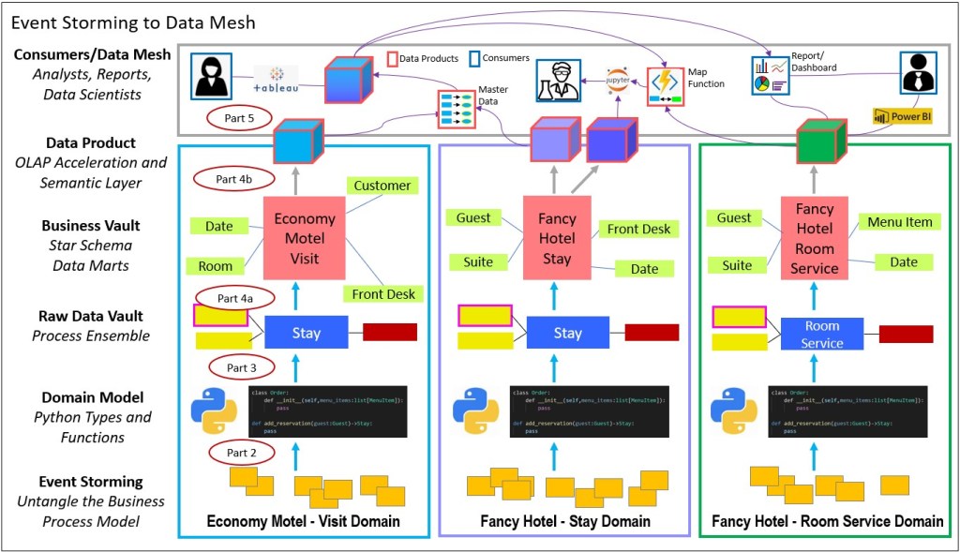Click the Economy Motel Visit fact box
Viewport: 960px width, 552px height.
pyautogui.click(x=305, y=238)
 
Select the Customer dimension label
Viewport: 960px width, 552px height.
pyautogui.click(x=382, y=186)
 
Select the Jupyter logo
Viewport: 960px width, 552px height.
pyautogui.click(x=618, y=78)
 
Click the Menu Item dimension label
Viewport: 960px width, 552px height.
pyautogui.click(x=899, y=222)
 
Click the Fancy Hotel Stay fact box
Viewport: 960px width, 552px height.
pyautogui.click(x=557, y=238)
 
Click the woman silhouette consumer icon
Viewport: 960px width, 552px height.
pyautogui.click(x=212, y=75)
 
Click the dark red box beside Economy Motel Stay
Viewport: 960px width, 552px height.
pyautogui.click(x=390, y=331)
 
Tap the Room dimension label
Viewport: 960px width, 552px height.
pyautogui.click(x=216, y=266)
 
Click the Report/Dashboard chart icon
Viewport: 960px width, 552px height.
pyautogui.click(x=770, y=76)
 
